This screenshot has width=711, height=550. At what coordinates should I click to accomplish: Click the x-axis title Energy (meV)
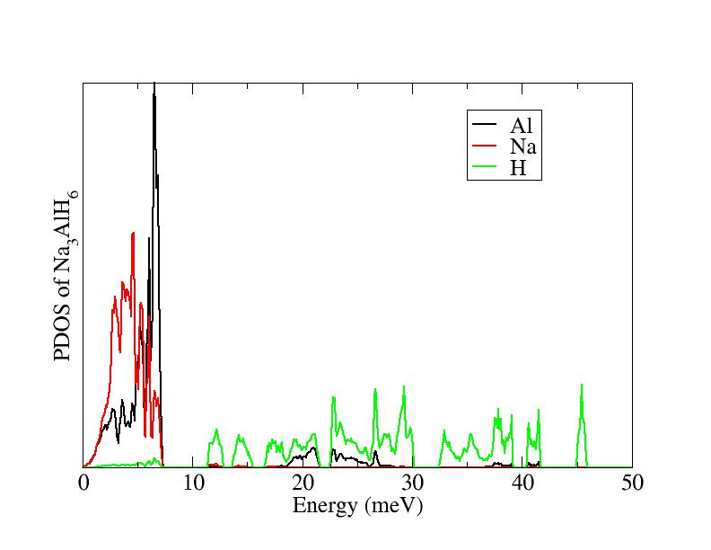coord(357,506)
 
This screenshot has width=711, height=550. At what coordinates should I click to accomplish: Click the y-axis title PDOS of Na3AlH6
coord(66,275)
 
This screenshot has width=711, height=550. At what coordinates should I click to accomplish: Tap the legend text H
coord(518,167)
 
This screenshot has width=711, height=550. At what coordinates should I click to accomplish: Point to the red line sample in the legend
coord(484,146)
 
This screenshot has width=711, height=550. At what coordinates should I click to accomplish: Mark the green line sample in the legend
coord(484,167)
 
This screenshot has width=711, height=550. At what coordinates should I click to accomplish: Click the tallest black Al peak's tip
coord(154,84)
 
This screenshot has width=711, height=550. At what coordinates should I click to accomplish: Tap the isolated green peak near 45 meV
coord(582,386)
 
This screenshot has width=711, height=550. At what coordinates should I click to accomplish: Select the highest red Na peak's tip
coord(133,233)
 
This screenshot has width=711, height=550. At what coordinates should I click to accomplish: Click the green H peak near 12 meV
coord(216,430)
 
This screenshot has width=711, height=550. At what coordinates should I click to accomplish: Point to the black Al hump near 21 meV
coord(313,447)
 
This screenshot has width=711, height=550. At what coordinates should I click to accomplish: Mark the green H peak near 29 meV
coord(404,387)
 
